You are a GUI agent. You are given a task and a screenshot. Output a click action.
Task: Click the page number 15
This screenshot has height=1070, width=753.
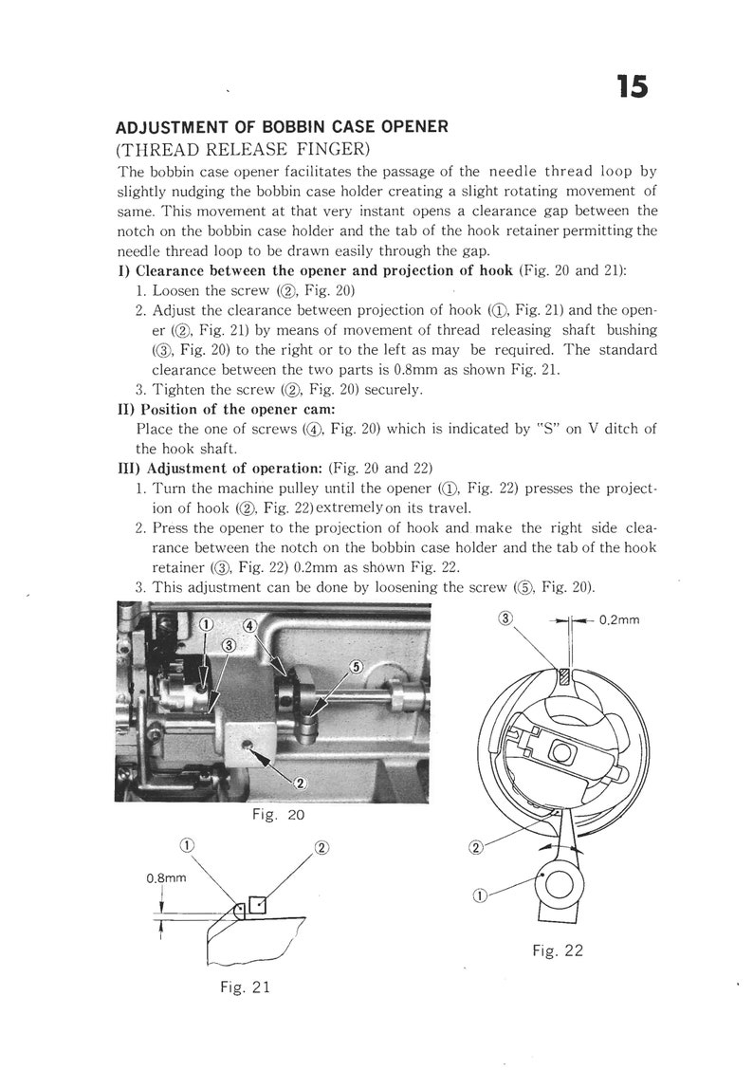click(633, 86)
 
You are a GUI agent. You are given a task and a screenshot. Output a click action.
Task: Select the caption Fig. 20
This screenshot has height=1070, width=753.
click(273, 815)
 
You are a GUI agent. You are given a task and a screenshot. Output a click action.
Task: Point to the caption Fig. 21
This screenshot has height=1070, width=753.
click(246, 987)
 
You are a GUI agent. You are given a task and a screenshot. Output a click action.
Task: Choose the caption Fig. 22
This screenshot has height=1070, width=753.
click(558, 950)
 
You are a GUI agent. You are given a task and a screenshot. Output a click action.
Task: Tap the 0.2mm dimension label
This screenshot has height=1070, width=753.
click(619, 619)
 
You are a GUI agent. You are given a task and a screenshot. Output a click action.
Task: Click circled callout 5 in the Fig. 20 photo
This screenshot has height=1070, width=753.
click(357, 666)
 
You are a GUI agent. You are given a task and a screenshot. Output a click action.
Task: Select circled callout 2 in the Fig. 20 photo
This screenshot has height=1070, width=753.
click(300, 783)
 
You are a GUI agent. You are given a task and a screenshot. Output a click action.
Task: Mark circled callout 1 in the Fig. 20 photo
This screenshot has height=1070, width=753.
click(207, 623)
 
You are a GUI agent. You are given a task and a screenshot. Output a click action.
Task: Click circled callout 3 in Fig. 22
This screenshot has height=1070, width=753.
click(505, 618)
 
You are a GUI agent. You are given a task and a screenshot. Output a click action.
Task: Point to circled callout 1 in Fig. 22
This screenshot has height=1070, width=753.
click(478, 894)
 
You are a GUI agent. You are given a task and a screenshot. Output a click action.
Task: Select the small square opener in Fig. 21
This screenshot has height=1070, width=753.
click(257, 903)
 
